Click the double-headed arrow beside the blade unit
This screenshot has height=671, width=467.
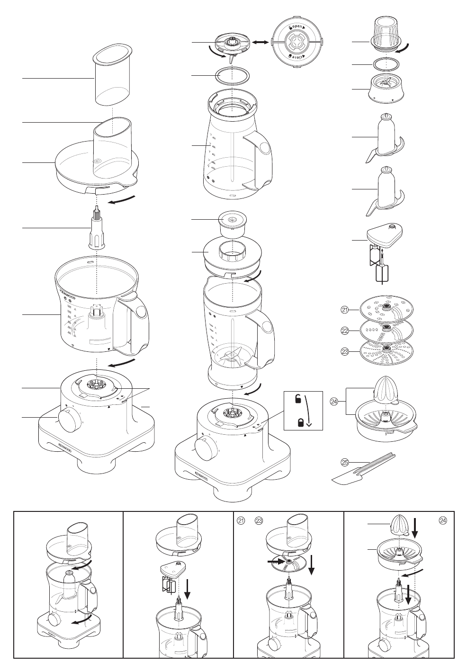260,43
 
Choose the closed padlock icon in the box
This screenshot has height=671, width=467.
300,422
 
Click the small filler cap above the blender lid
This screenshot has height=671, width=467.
231,223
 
